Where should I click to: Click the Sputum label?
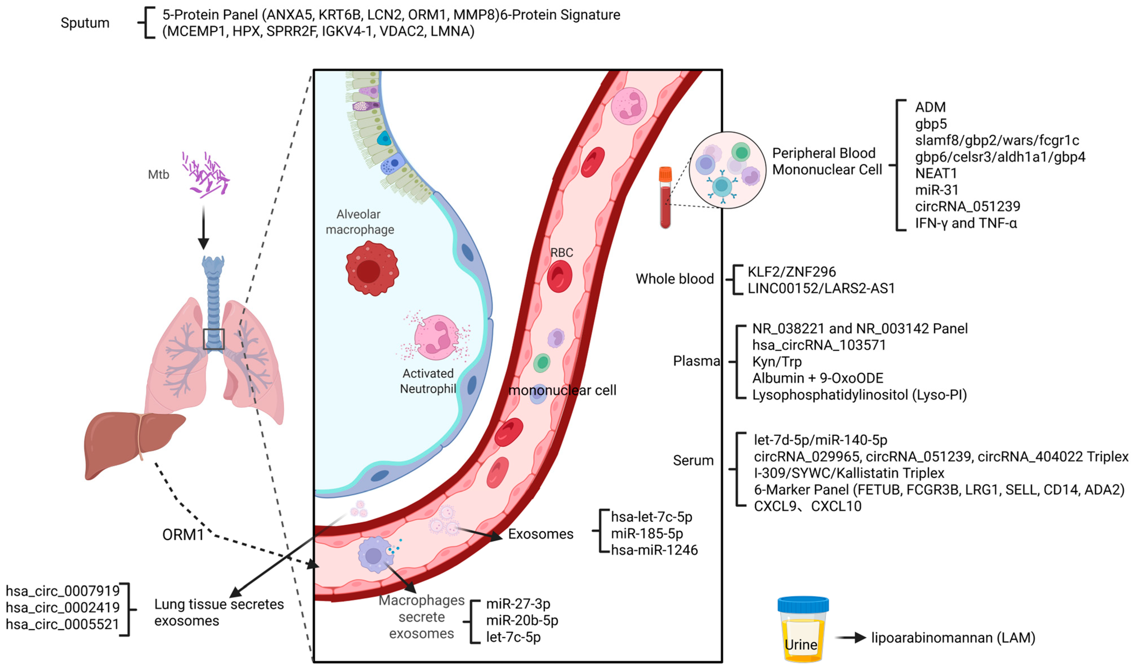click(x=85, y=23)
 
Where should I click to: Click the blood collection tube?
click(x=665, y=198)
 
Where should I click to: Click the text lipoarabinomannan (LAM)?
click(x=953, y=638)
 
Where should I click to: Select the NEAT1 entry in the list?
click(x=936, y=173)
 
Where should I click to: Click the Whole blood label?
click(x=674, y=279)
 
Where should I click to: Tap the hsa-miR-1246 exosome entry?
click(x=654, y=550)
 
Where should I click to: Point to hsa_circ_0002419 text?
click(x=62, y=608)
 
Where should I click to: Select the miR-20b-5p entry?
click(x=522, y=621)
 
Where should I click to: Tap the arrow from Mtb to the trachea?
click(x=203, y=227)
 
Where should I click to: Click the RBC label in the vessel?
click(x=562, y=253)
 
